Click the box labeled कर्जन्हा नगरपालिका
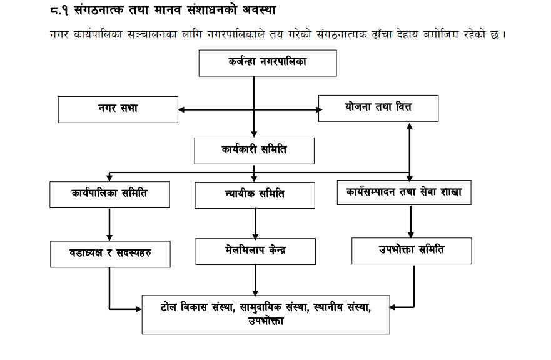pos(268,63)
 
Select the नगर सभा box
pos(118,109)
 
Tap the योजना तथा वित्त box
pos(378,108)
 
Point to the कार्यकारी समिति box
pos(255,151)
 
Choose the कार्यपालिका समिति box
pos(109,194)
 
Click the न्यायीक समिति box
pos(255,195)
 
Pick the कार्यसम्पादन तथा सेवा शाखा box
pos(404,192)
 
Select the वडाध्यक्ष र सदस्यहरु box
pos(110,254)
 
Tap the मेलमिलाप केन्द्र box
pos(256,251)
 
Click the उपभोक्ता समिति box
pos(412,251)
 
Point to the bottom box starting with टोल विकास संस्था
pos(266,315)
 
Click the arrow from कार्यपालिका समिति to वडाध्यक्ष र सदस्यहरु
pos(109,224)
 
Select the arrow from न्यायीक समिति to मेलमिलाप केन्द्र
pos(255,224)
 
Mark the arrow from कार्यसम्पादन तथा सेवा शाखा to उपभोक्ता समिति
pos(411,221)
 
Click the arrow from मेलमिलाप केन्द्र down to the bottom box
pos(255,280)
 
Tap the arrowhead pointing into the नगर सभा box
pos(181,109)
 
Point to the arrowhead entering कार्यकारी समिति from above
pos(254,134)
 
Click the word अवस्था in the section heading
pos(260,10)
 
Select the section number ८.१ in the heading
pos(59,10)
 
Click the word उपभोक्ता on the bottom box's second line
pos(266,321)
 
